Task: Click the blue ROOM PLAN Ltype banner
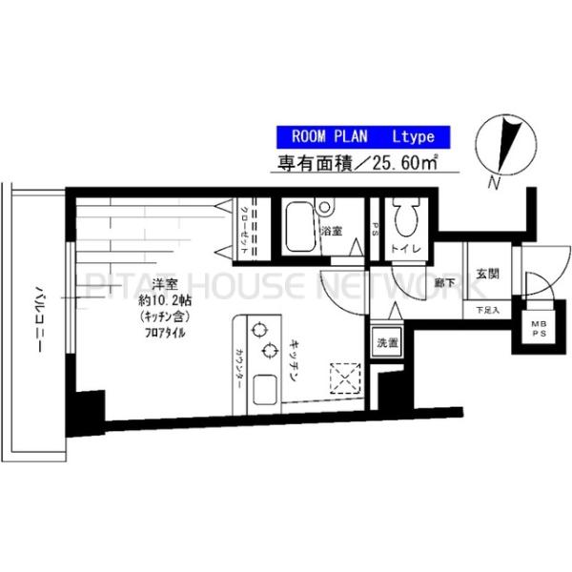(x=359, y=136)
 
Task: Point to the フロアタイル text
(x=167, y=334)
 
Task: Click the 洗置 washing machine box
(x=387, y=340)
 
